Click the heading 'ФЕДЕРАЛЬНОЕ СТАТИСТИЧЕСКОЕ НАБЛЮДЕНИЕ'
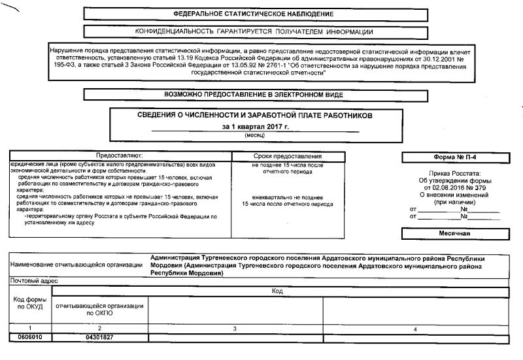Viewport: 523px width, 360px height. coord(253,14)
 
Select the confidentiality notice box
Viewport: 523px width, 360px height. coord(254,32)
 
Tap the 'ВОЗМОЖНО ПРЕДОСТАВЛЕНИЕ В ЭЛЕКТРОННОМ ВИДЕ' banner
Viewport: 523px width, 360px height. coord(253,95)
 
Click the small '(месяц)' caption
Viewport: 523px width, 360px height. coord(254,135)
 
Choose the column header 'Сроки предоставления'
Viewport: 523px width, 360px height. coord(287,157)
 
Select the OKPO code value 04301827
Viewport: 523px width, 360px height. coord(100,336)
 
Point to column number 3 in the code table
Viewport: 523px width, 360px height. coord(234,327)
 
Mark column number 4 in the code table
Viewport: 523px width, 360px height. coord(415,328)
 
